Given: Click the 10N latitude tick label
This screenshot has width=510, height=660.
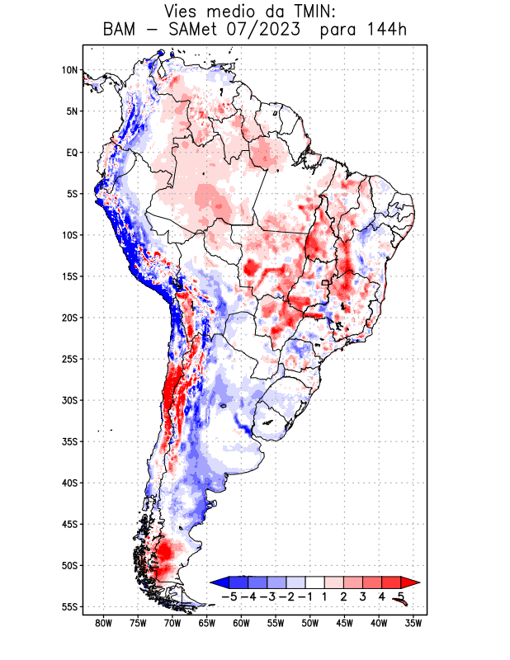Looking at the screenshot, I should click(x=69, y=70).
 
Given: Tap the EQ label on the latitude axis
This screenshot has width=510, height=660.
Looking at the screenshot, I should click(x=72, y=153).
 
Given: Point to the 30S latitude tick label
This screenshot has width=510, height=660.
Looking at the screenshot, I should click(x=69, y=400).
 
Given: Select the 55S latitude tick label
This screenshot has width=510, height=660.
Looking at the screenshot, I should click(x=69, y=606).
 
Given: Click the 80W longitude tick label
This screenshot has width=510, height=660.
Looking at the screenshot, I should click(x=103, y=623).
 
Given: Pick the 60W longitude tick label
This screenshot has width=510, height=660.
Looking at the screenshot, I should click(x=241, y=623).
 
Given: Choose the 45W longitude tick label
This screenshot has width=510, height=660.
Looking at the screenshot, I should click(x=344, y=623).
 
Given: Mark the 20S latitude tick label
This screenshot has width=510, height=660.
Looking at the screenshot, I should click(x=69, y=318).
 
